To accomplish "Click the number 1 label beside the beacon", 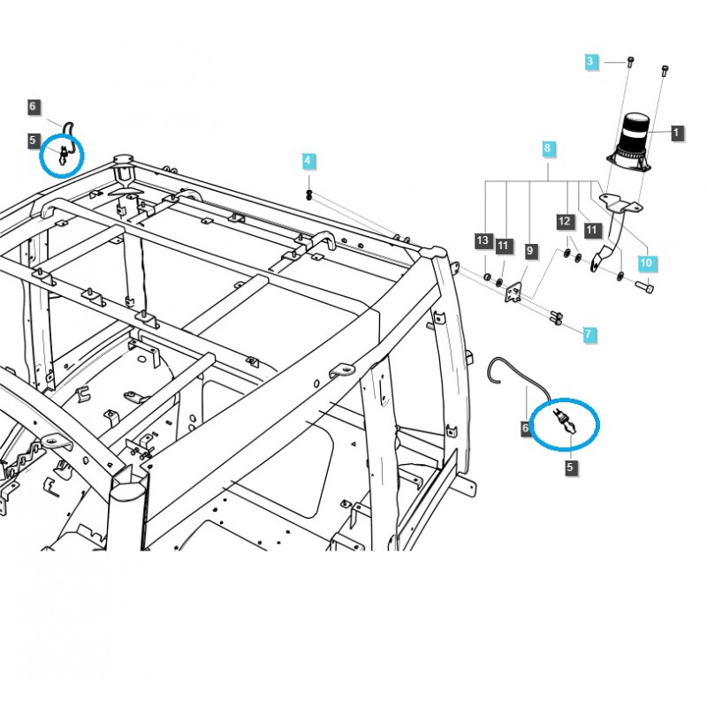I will pos(676,133).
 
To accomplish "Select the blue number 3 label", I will pos(591,61).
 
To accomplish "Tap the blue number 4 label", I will pos(308,161).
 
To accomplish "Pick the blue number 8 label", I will pos(547,148).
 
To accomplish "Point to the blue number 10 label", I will pos(646,262).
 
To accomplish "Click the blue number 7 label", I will pos(589,334).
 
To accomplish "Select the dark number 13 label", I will pos(482,240).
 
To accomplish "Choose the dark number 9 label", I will pos(529,251).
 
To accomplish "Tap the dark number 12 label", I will pos(565,220).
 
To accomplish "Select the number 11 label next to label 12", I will pos(592,232).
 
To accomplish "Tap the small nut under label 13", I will pos(487,277).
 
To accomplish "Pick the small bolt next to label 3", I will pos(629,61).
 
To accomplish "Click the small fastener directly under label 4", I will pos(308,194).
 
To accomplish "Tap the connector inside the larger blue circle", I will pos(563,421).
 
